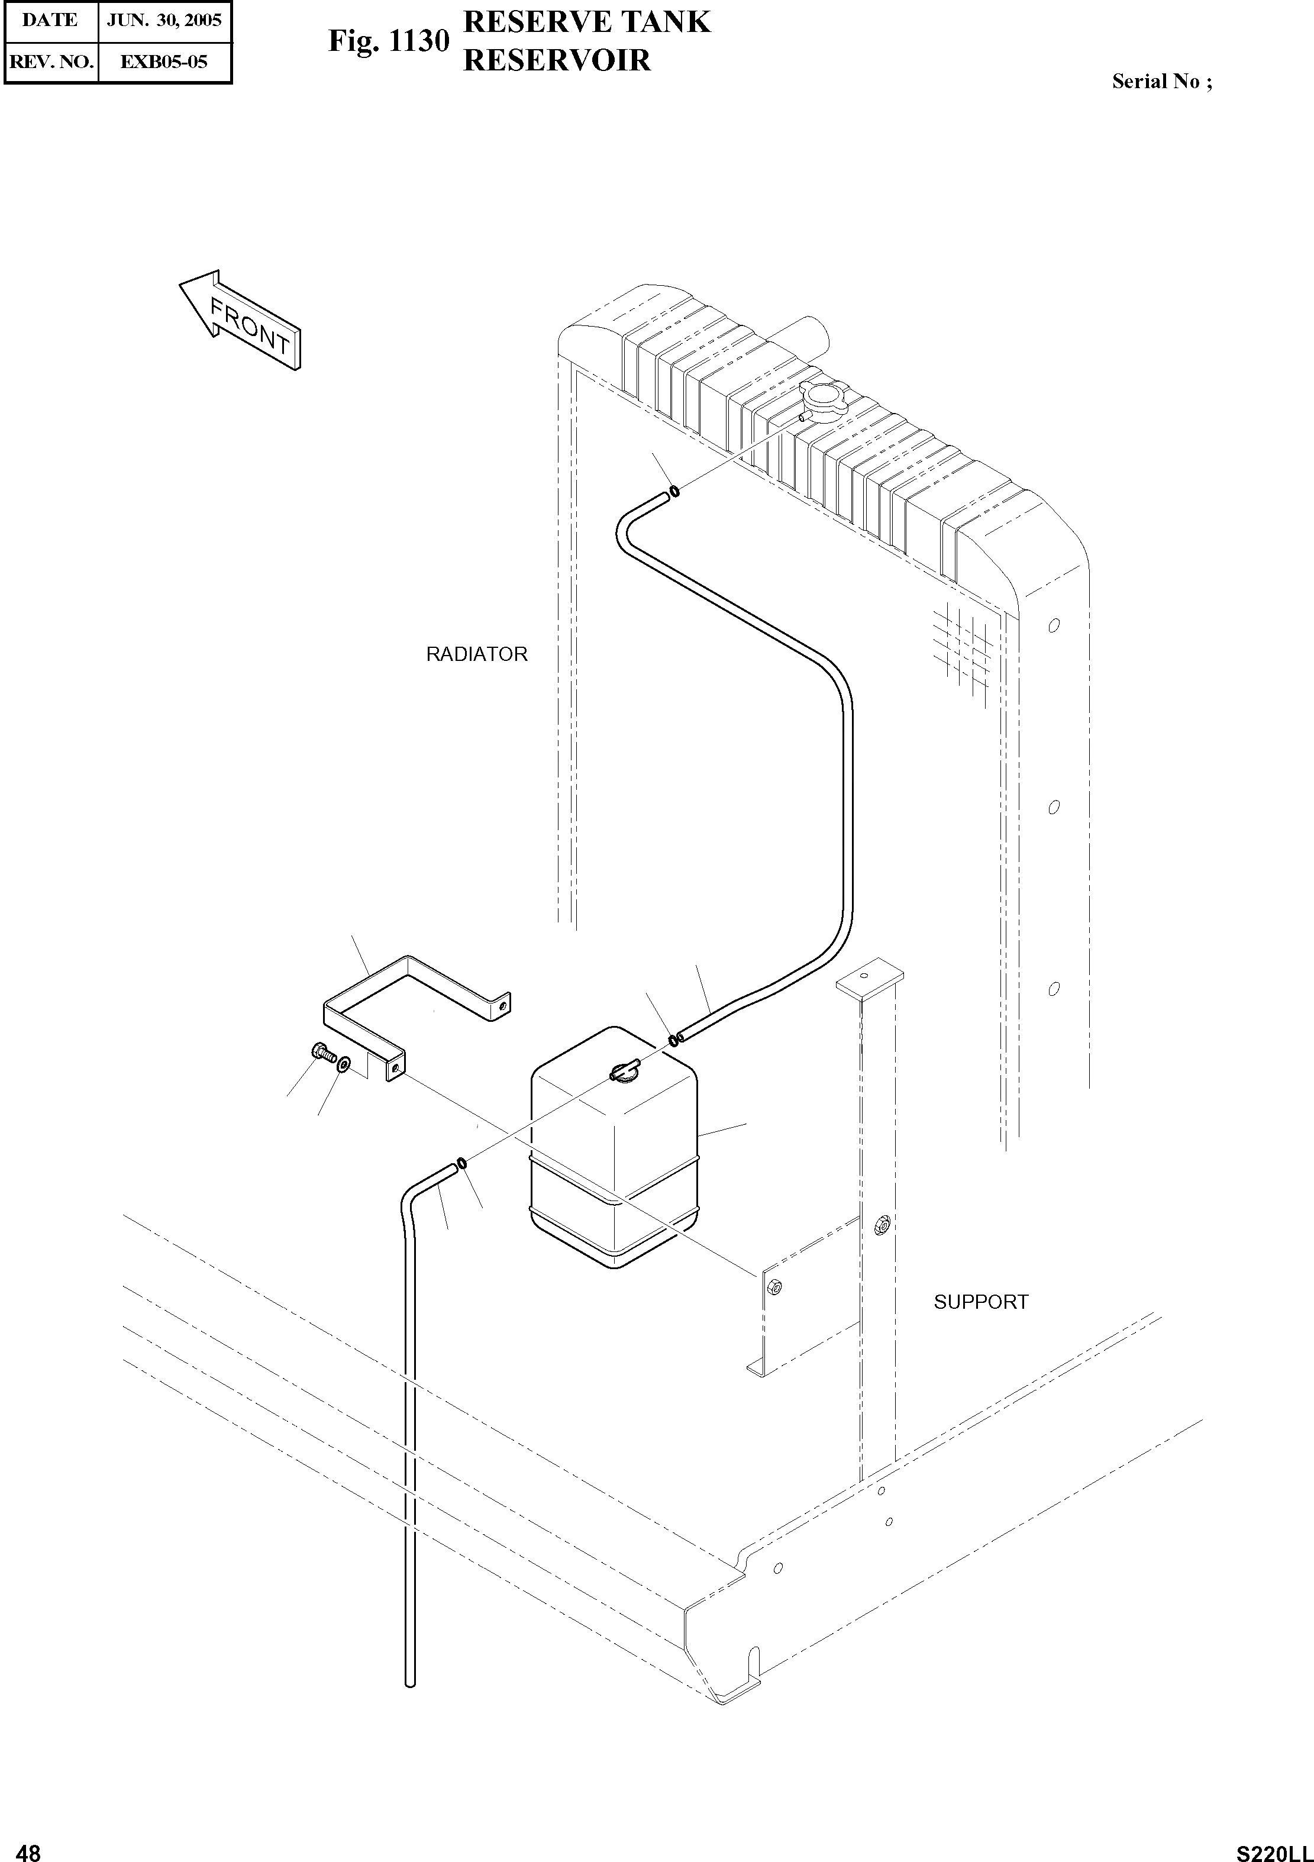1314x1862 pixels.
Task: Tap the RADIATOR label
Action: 476,654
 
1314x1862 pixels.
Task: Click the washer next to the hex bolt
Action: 344,1063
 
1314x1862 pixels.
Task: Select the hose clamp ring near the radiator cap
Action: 673,492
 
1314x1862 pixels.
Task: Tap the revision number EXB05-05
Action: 164,62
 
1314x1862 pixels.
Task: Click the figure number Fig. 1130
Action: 388,41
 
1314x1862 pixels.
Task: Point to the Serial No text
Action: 1161,81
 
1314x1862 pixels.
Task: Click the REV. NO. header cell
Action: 51,62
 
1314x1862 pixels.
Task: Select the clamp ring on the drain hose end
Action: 461,1164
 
